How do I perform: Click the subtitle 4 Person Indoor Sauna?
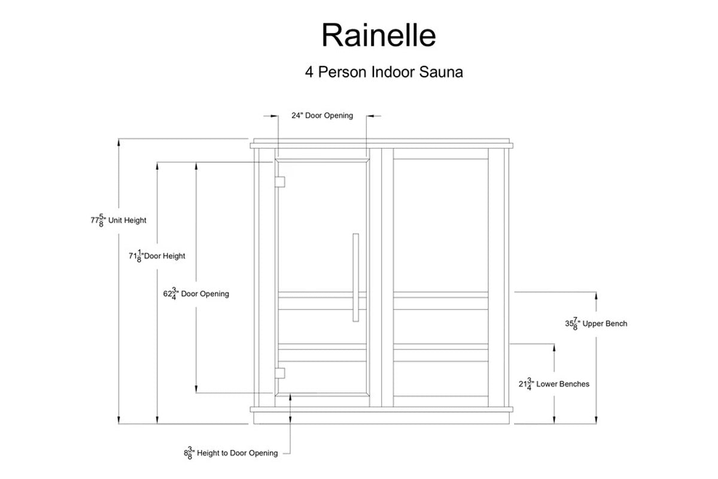pos(384,72)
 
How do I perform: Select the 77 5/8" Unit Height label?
pos(118,220)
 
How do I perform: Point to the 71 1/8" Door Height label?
pos(157,256)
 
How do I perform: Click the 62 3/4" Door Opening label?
pos(196,294)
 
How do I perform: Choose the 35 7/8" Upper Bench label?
pos(596,324)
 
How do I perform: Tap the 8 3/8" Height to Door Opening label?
pos(231,453)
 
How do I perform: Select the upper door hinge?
pos(280,181)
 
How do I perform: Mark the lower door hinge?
pos(280,373)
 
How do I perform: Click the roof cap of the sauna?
pos(382,144)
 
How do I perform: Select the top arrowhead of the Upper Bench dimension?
pos(596,294)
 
